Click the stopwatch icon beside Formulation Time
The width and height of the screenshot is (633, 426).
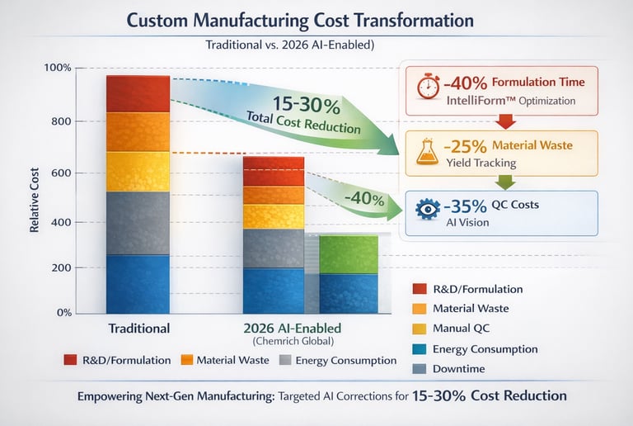click(x=429, y=88)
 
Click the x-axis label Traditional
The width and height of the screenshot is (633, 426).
click(x=139, y=328)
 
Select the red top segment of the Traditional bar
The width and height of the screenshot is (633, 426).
click(x=138, y=93)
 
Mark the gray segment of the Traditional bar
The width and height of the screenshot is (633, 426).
click(x=138, y=223)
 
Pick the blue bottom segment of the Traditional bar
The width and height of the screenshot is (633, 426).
click(x=138, y=283)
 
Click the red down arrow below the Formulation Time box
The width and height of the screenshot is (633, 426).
click(x=507, y=121)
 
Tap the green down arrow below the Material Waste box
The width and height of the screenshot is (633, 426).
click(x=507, y=182)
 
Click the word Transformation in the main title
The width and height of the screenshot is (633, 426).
click(x=404, y=20)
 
